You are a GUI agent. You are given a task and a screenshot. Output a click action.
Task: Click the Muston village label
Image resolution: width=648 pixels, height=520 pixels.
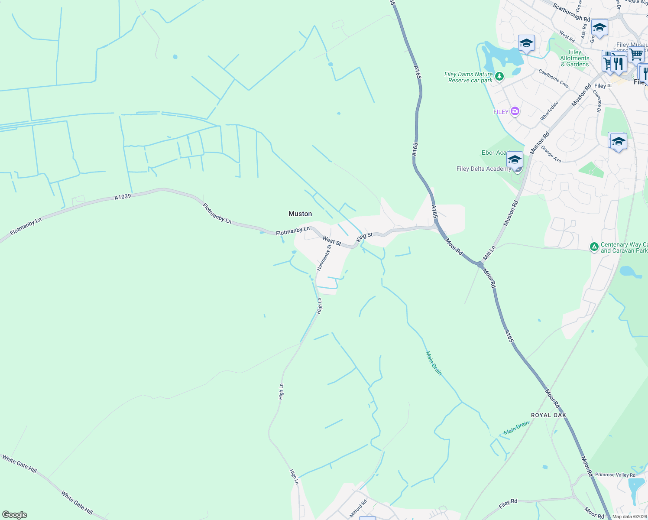[x=300, y=214]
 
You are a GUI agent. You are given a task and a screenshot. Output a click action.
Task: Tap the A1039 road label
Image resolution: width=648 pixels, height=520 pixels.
[x=123, y=197]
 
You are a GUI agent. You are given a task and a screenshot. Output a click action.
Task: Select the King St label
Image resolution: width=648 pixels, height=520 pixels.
[x=364, y=237]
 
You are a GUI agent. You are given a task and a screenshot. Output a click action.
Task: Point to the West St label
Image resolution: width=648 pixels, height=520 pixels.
[x=332, y=241]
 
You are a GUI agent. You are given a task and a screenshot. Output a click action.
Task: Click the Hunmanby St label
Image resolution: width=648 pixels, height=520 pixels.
[x=324, y=258]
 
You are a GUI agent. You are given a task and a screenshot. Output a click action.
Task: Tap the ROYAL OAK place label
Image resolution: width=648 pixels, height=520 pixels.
[x=548, y=415]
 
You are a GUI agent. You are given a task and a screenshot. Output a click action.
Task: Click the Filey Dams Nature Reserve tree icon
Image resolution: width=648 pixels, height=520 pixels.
[x=499, y=77]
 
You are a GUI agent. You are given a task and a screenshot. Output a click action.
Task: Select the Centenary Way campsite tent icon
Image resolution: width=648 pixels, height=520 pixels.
[x=594, y=247]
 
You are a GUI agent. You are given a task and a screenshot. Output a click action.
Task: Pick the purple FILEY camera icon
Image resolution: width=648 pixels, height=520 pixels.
[x=515, y=111]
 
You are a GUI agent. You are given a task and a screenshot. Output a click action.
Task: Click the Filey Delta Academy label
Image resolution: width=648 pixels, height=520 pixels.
[x=483, y=169]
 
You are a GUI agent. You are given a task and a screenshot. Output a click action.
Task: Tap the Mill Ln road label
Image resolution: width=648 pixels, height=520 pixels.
[x=489, y=253]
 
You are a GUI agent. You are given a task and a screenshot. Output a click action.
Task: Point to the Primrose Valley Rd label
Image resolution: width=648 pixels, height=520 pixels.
[x=615, y=475]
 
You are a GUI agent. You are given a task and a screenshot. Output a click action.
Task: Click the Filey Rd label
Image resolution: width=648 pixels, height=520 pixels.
[x=508, y=504]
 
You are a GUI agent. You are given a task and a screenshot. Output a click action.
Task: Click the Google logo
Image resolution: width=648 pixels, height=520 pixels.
[x=15, y=515]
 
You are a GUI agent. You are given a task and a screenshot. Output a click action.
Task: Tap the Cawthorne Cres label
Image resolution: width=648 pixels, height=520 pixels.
[x=553, y=78]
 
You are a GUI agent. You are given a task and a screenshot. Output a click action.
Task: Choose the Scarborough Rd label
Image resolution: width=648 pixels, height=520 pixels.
[x=571, y=13]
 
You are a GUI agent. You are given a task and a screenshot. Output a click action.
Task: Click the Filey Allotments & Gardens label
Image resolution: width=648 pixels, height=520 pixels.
[x=575, y=58]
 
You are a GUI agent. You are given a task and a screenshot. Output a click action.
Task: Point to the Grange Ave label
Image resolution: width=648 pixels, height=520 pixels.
[x=551, y=154]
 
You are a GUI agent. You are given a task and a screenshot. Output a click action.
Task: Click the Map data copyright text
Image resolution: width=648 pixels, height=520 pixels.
[x=629, y=517]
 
